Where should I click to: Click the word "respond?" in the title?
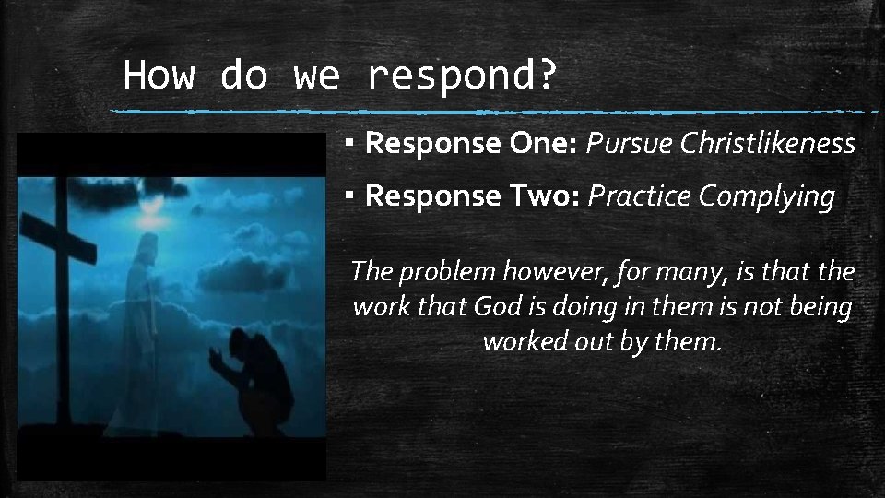pyautogui.click(x=462, y=76)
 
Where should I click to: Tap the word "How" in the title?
pyautogui.click(x=159, y=74)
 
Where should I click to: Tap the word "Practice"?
pyautogui.click(x=640, y=196)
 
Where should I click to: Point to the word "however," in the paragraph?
pyautogui.click(x=559, y=272)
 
